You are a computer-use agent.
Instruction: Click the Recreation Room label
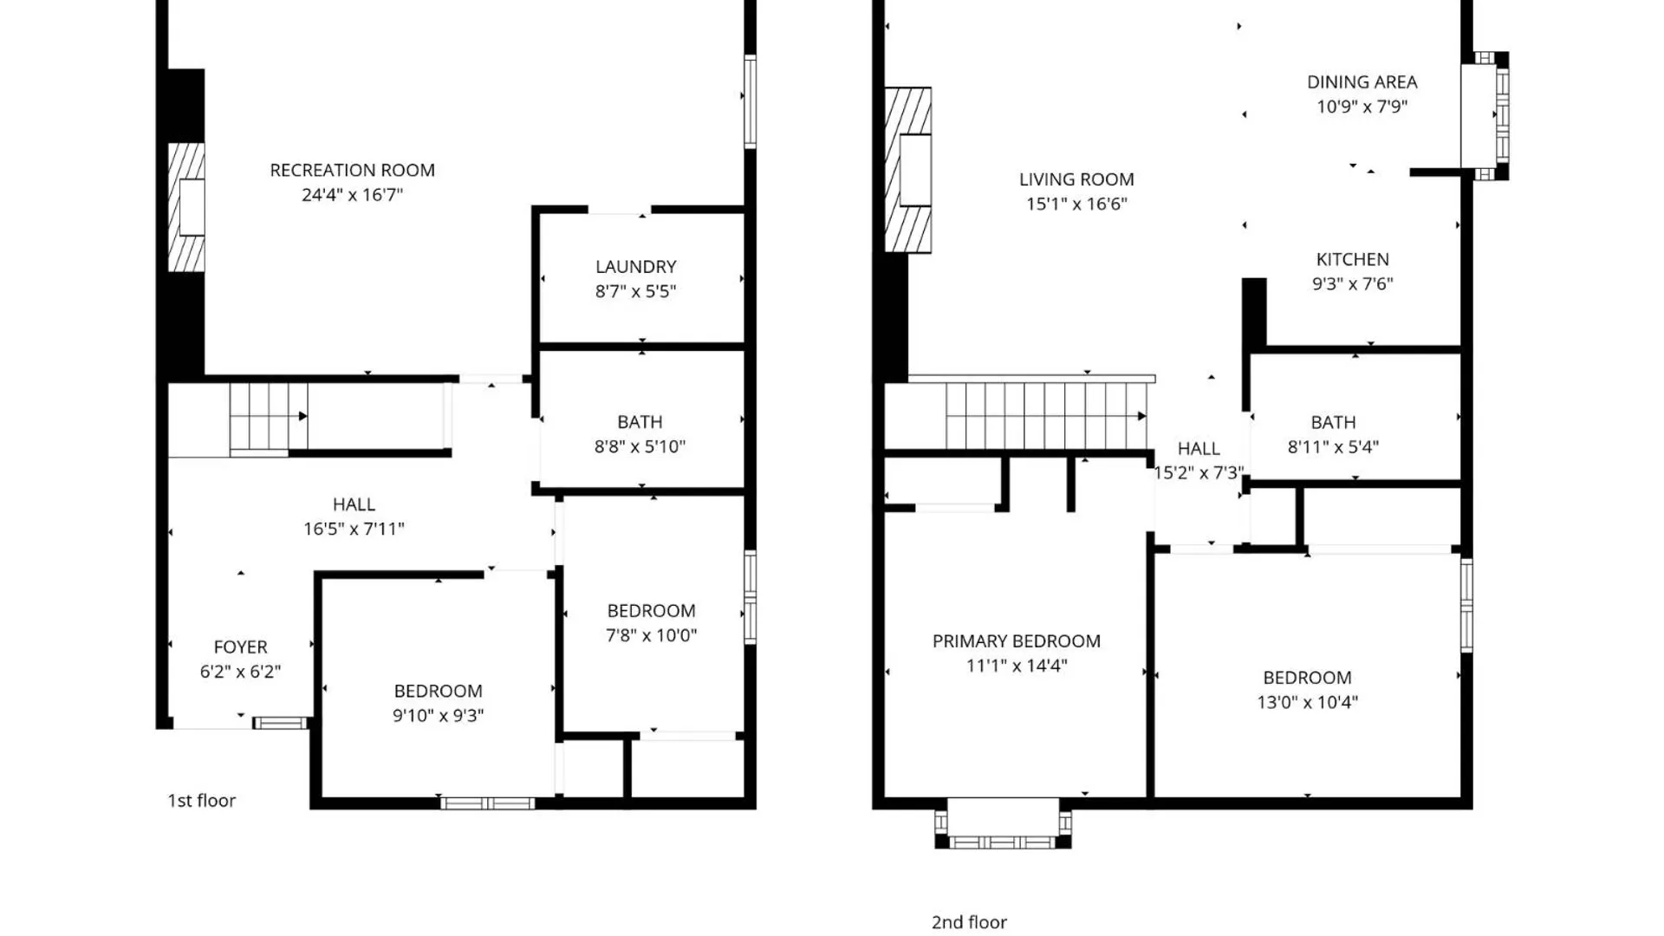coord(352,170)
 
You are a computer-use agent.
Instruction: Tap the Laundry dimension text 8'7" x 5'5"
coord(635,291)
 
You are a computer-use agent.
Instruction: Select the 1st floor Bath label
coord(640,422)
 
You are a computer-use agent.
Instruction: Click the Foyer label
coord(240,647)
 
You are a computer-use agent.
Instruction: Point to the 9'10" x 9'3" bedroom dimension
coord(438,715)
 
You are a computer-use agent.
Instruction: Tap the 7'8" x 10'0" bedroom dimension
coord(651,635)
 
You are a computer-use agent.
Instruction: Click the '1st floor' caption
coord(201,801)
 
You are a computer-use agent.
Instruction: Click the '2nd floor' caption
coord(969,922)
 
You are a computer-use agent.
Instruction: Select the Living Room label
coord(1076,179)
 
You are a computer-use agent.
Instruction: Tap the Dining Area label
coord(1362,82)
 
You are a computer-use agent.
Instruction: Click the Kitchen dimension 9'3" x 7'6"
coord(1352,283)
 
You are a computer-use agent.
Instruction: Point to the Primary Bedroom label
coord(1016,641)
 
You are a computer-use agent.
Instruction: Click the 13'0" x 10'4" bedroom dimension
coord(1307,702)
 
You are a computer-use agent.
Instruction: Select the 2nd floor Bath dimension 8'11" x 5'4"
coord(1332,447)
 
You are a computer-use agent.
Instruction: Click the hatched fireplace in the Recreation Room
coord(185,207)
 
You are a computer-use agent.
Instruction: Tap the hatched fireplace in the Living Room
coord(908,170)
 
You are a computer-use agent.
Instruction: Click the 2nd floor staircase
coord(1044,416)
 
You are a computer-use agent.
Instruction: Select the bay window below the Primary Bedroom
coord(1003,823)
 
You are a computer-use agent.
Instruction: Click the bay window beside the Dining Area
coord(1485,114)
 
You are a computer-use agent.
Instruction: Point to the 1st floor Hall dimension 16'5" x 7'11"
coord(354,529)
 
